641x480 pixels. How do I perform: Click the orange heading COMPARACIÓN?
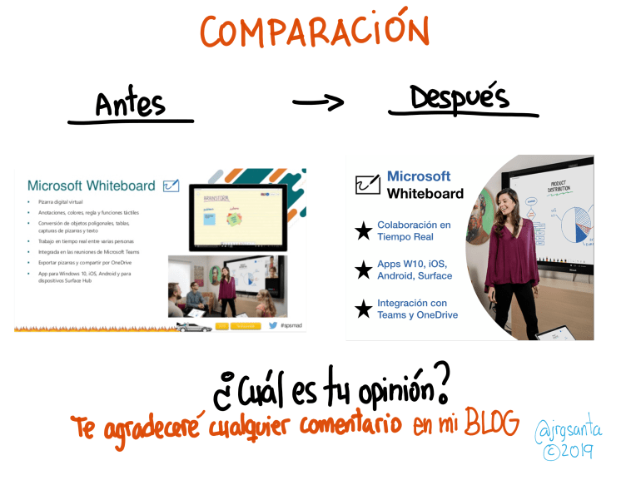click(314, 31)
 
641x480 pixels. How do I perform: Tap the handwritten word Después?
click(459, 97)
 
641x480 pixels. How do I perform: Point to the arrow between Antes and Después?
click(318, 102)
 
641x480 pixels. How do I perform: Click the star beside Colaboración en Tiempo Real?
click(363, 231)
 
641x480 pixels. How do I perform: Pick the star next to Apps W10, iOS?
click(363, 270)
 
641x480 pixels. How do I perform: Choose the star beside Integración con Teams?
click(363, 309)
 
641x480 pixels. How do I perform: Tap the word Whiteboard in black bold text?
click(425, 194)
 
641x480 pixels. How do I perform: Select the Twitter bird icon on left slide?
click(271, 325)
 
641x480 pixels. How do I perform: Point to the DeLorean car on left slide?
click(193, 326)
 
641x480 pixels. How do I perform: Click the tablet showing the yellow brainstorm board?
click(237, 216)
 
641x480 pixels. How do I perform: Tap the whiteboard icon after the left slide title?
click(171, 186)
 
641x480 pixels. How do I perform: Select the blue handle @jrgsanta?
click(569, 431)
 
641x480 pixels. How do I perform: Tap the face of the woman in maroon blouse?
click(506, 200)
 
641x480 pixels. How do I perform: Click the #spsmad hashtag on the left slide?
click(292, 325)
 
